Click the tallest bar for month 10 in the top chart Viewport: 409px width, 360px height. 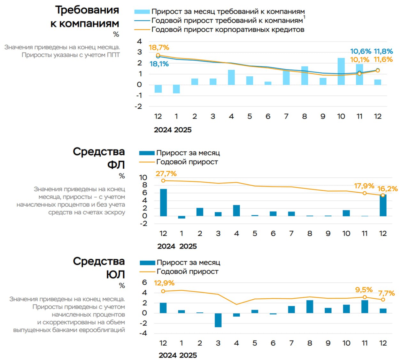pyautogui.click(x=341, y=72)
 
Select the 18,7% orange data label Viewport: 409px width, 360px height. pyautogui.click(x=159, y=48)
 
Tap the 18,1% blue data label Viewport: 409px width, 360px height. pyautogui.click(x=159, y=64)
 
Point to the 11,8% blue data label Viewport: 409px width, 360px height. pyautogui.click(x=383, y=51)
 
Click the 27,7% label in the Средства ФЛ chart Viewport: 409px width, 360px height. pyautogui.click(x=166, y=174)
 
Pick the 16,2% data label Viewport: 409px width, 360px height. pyautogui.click(x=388, y=189)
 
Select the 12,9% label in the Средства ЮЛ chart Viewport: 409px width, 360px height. pyautogui.click(x=164, y=283)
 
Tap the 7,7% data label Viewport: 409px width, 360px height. pyautogui.click(x=387, y=293)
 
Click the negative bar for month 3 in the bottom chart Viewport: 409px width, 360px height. pyautogui.click(x=218, y=320)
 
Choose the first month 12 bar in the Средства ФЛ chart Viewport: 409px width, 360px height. pyautogui.click(x=163, y=203)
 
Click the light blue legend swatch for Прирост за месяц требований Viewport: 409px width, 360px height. pyautogui.click(x=142, y=12)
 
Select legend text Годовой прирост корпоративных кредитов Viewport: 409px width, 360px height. pyautogui.click(x=228, y=30)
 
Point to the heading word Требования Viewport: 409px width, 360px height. pyautogui.click(x=87, y=10)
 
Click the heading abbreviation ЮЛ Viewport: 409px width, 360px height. pyautogui.click(x=116, y=274)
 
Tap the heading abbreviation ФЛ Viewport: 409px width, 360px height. pyautogui.click(x=116, y=165)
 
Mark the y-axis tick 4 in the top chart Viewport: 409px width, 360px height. pyautogui.click(x=139, y=42)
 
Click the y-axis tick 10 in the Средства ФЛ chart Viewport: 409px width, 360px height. pyautogui.click(x=143, y=178)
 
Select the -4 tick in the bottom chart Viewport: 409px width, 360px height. pyautogui.click(x=143, y=333)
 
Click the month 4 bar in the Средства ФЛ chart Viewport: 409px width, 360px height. pyautogui.click(x=236, y=211)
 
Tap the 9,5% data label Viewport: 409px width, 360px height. pyautogui.click(x=364, y=290)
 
